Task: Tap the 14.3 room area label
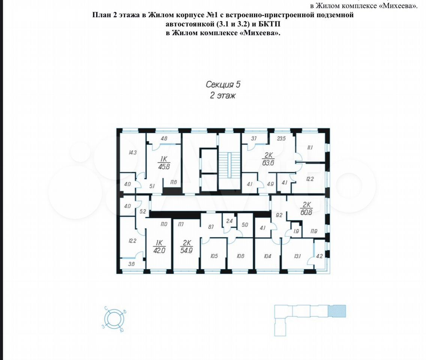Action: coord(133,153)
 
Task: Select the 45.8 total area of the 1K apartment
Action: coord(164,166)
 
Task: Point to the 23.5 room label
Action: coord(281,138)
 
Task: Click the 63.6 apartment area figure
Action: coord(268,163)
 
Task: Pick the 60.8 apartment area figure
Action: coord(306,212)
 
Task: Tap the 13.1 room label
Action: coord(297,256)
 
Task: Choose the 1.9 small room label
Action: coord(296,231)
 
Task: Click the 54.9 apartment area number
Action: coord(186,250)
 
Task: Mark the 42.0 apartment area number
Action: coord(159,250)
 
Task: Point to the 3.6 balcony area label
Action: coord(132,264)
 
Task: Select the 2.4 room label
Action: coord(229,221)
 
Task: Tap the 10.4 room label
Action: coord(267,256)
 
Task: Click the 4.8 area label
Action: coord(164,138)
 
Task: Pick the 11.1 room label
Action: coord(310,147)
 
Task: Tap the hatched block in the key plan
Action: coord(337,311)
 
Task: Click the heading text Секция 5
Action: coord(223,84)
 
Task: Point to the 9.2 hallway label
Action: coord(279,216)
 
